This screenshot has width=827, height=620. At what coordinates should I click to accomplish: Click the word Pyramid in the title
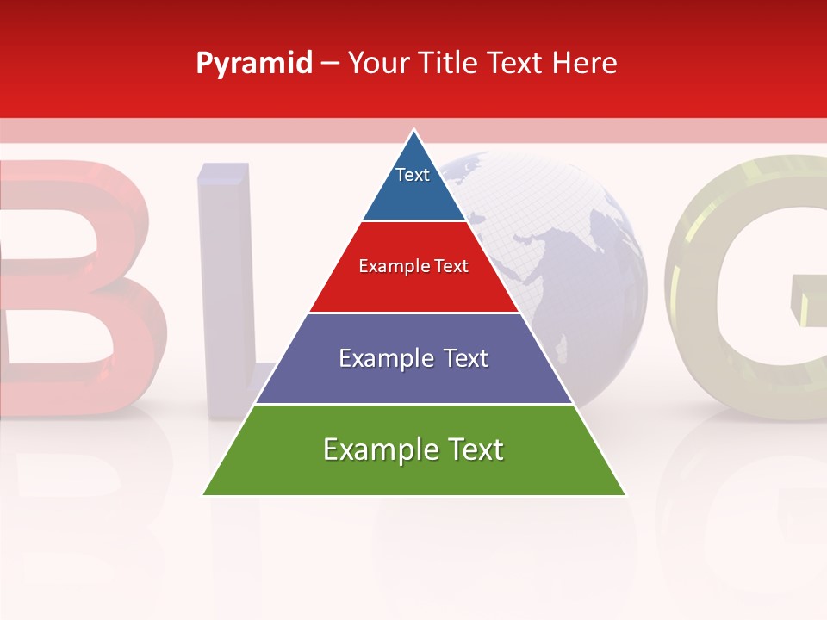click(x=254, y=64)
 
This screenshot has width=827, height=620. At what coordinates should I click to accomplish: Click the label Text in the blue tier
click(x=412, y=175)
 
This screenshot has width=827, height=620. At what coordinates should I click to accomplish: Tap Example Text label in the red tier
click(x=413, y=266)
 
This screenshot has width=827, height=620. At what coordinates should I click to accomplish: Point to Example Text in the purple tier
click(x=413, y=358)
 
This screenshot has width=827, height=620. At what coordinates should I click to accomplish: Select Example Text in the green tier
click(x=413, y=449)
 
